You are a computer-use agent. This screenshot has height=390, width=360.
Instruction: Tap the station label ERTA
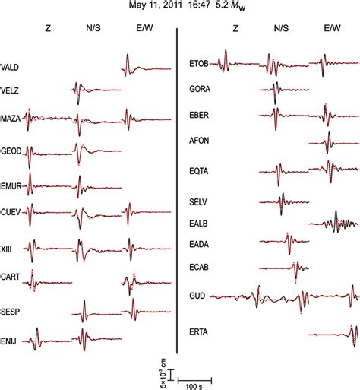pyautogui.click(x=199, y=331)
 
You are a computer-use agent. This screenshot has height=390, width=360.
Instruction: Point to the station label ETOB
pyautogui.click(x=200, y=63)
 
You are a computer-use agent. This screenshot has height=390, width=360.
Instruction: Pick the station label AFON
pyautogui.click(x=199, y=141)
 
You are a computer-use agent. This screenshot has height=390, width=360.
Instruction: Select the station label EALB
pyautogui.click(x=199, y=224)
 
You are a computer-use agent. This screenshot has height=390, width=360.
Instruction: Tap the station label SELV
pyautogui.click(x=199, y=202)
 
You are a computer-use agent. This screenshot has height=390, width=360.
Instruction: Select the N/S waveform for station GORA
pyautogui.click(x=281, y=90)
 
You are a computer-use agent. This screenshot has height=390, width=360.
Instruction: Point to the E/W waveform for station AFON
pyautogui.click(x=331, y=141)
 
